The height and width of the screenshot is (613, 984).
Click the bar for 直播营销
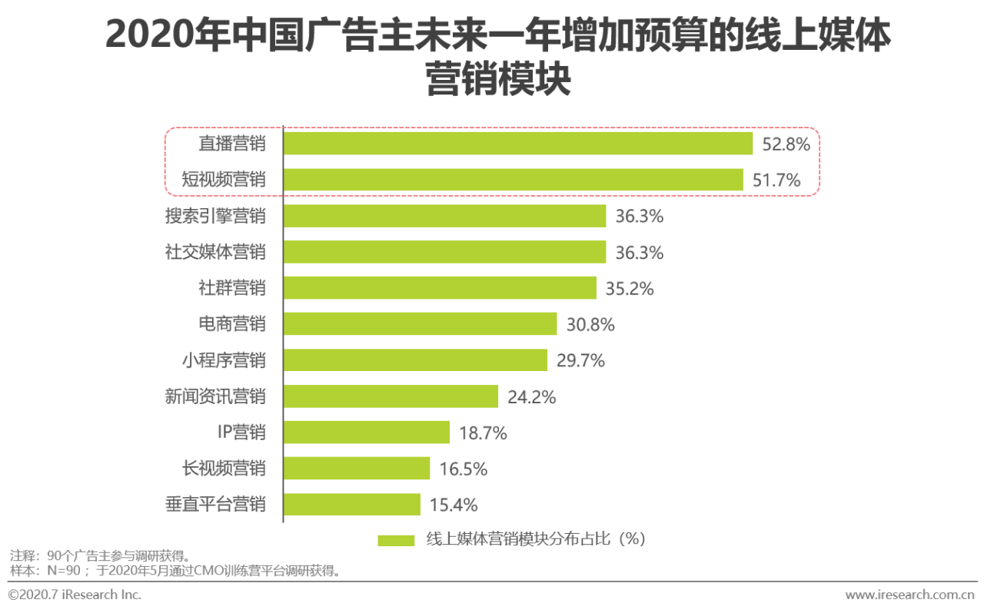click(x=518, y=144)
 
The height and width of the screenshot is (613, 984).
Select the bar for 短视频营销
click(x=514, y=180)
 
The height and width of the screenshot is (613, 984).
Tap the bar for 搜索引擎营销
click(x=444, y=216)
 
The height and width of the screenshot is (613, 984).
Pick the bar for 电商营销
click(x=420, y=324)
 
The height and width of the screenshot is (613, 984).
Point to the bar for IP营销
click(x=367, y=432)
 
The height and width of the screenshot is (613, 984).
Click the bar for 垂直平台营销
click(x=352, y=505)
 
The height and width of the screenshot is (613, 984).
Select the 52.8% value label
click(x=786, y=144)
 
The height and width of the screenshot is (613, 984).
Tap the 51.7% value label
click(x=777, y=181)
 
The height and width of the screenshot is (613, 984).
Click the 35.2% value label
click(x=630, y=289)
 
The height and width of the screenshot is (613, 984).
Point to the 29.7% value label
click(x=580, y=360)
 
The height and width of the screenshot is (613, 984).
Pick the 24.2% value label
click(x=532, y=397)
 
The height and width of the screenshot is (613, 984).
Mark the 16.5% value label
click(x=464, y=469)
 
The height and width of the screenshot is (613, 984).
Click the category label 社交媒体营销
click(x=215, y=252)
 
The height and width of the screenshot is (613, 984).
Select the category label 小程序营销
click(x=224, y=360)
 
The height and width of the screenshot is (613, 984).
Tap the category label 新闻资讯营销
click(x=215, y=396)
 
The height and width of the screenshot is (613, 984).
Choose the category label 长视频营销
click(x=224, y=469)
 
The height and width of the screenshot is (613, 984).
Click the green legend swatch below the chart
click(x=396, y=540)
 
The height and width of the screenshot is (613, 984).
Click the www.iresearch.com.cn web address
click(x=909, y=595)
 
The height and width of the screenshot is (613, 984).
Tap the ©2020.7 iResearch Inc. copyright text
click(x=75, y=595)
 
